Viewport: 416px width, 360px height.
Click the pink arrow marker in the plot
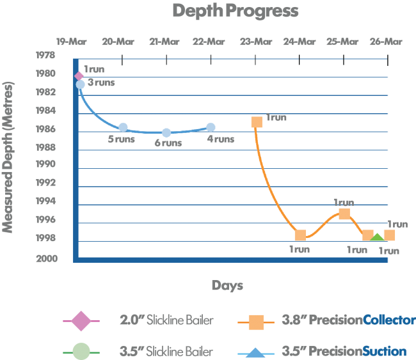[x=79, y=76]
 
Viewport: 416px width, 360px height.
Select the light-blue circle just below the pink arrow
[x=81, y=84]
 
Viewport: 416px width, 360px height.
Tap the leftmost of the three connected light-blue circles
[x=123, y=127]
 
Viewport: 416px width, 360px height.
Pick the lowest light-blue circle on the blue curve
[x=166, y=133]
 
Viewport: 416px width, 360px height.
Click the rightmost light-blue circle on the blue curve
[x=209, y=129]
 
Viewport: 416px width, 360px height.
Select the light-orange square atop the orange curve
[x=259, y=121]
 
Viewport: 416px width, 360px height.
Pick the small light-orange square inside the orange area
[x=344, y=214]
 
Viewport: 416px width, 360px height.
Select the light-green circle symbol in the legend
[x=81, y=351]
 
